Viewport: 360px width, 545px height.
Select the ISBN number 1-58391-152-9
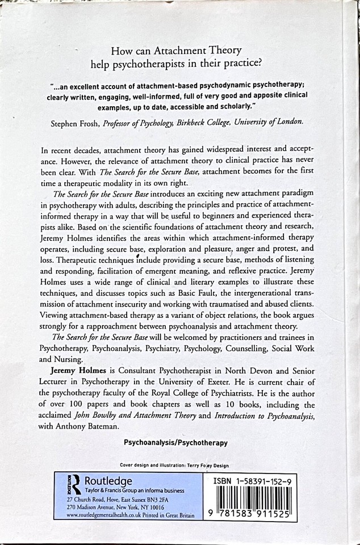[x=262, y=480]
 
